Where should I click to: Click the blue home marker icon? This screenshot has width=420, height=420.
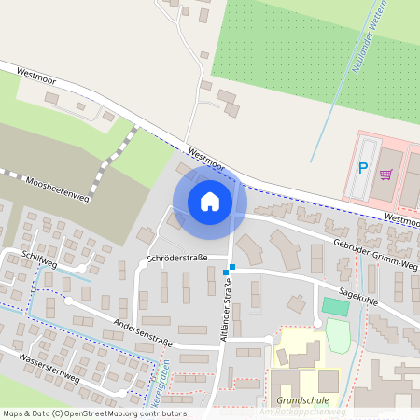(x=210, y=201)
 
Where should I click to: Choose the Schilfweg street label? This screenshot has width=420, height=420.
(x=42, y=264)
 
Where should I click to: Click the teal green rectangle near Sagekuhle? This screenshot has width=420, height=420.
(x=335, y=306)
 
